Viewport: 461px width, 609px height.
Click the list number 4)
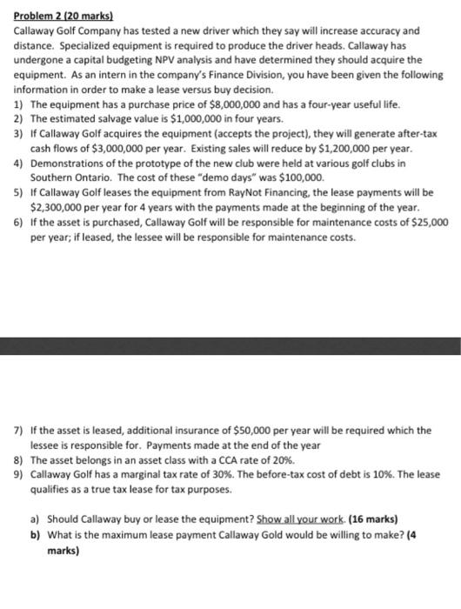[x=19, y=164]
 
